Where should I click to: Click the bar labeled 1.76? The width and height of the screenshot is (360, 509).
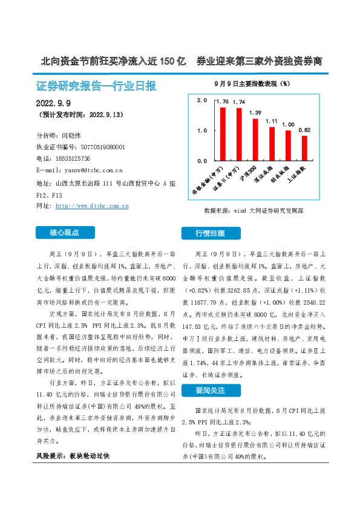[x=223, y=134]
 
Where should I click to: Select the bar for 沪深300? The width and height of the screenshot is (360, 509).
[x=255, y=140]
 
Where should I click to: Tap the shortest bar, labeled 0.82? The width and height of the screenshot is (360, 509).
[x=304, y=148]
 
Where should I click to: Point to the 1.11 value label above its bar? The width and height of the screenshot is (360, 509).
[x=272, y=121]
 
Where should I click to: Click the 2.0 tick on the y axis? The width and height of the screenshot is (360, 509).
[x=202, y=100]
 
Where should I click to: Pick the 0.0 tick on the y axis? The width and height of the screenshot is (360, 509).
[x=202, y=161]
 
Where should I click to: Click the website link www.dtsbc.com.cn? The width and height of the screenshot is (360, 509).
[x=91, y=206]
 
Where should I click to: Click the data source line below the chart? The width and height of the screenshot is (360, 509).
[x=254, y=212]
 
